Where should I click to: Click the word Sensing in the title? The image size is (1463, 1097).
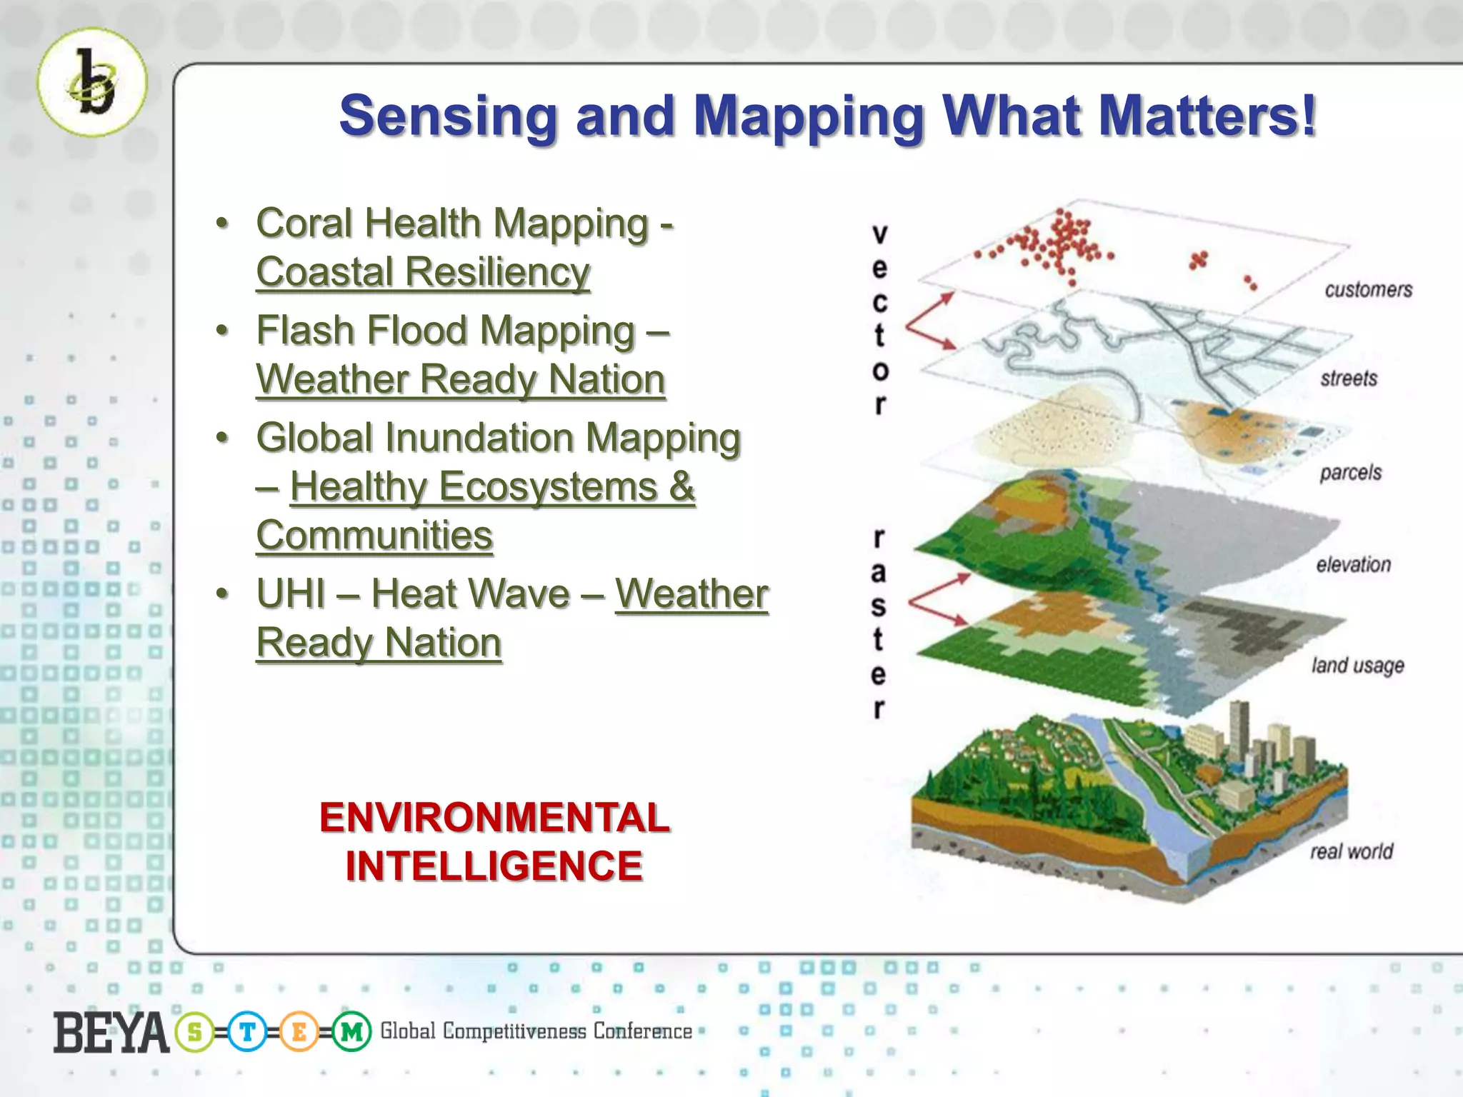(x=447, y=116)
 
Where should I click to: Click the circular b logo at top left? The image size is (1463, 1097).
(x=92, y=83)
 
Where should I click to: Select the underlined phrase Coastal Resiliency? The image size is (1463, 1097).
(x=423, y=272)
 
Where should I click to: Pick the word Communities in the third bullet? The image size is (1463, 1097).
(x=374, y=536)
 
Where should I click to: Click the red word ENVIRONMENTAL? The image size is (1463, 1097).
(x=494, y=818)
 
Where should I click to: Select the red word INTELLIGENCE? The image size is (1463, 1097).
(x=494, y=866)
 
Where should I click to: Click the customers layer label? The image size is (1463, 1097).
(x=1368, y=290)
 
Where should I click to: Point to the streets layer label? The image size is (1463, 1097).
(x=1348, y=379)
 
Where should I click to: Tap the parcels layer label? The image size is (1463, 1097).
(x=1350, y=473)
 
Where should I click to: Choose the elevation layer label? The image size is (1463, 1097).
(x=1353, y=565)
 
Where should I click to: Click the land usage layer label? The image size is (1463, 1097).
(x=1357, y=666)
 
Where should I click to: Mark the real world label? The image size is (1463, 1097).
(x=1351, y=851)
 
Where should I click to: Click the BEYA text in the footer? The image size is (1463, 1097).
(x=111, y=1033)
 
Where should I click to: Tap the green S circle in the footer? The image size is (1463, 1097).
(x=194, y=1033)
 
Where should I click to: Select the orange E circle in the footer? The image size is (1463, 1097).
(x=299, y=1033)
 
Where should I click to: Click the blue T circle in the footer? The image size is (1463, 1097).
(x=246, y=1033)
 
